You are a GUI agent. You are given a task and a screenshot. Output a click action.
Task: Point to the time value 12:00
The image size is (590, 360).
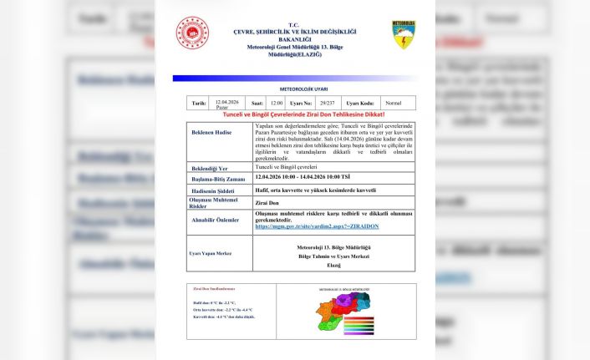[277, 103]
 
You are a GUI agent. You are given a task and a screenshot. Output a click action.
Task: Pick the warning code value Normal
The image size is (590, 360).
[393, 103]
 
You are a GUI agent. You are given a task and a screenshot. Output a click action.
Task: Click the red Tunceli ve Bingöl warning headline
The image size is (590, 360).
[302, 114]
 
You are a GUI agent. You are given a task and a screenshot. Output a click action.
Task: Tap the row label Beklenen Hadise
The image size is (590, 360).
[213, 133]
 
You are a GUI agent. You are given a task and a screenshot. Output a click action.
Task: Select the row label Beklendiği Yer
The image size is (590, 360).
[210, 168]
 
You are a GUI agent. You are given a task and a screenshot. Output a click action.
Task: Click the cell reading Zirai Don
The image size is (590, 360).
[267, 203]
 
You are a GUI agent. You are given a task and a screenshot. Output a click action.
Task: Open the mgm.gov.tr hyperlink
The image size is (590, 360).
[317, 226]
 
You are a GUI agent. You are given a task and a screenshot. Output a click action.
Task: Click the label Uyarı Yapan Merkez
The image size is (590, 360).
[210, 253]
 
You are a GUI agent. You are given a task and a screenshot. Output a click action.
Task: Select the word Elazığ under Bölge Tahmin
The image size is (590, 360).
[333, 265]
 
